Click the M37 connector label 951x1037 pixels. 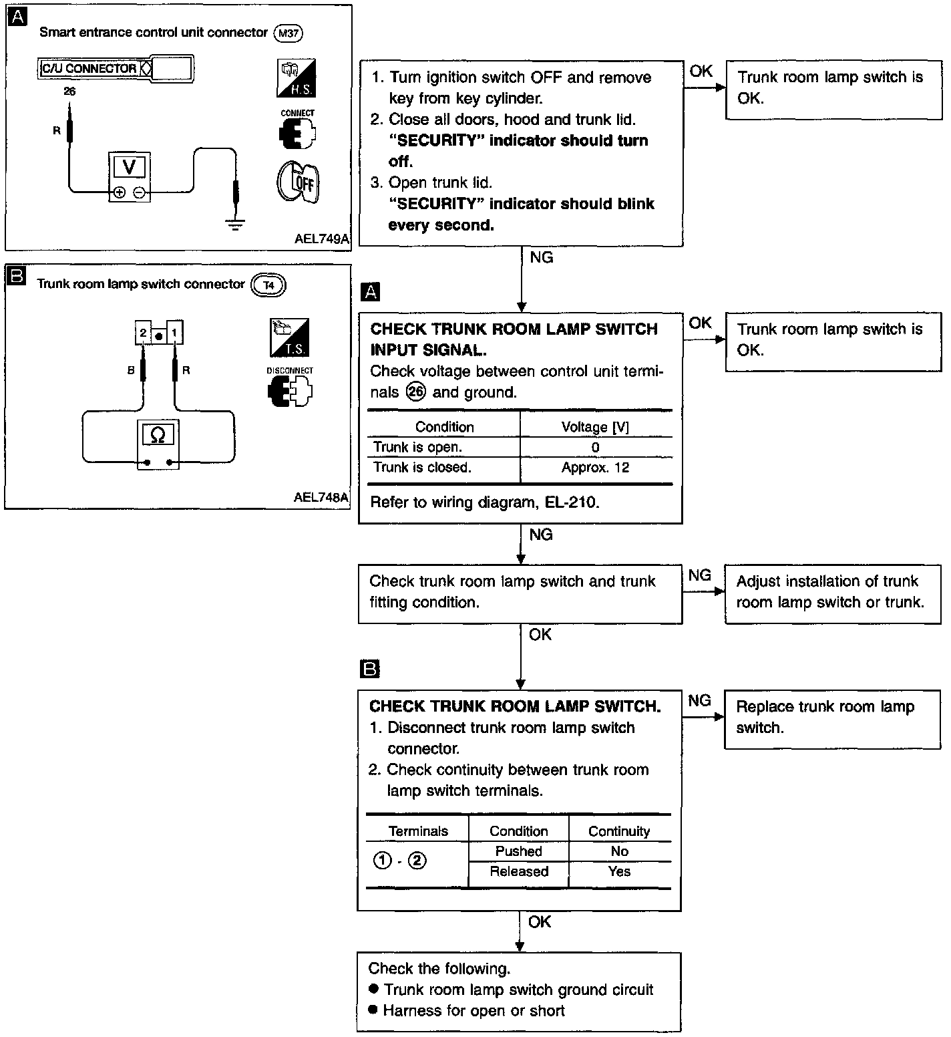(x=289, y=33)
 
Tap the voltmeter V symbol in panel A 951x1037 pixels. (x=130, y=167)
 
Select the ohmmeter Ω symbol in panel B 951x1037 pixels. (x=158, y=434)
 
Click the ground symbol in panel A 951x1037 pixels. (x=234, y=224)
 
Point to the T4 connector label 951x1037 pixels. (x=268, y=285)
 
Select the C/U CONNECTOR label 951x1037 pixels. (x=89, y=68)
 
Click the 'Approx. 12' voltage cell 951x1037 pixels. (x=595, y=468)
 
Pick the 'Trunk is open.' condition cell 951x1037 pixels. (x=417, y=447)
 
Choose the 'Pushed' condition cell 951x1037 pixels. (x=519, y=851)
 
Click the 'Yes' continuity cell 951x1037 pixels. (x=619, y=871)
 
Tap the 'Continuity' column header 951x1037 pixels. (x=619, y=831)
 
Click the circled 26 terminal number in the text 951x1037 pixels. (x=415, y=392)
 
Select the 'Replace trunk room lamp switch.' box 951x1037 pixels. (x=832, y=720)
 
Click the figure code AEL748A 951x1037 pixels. (x=321, y=498)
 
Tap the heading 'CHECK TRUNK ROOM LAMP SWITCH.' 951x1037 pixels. (x=515, y=706)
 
